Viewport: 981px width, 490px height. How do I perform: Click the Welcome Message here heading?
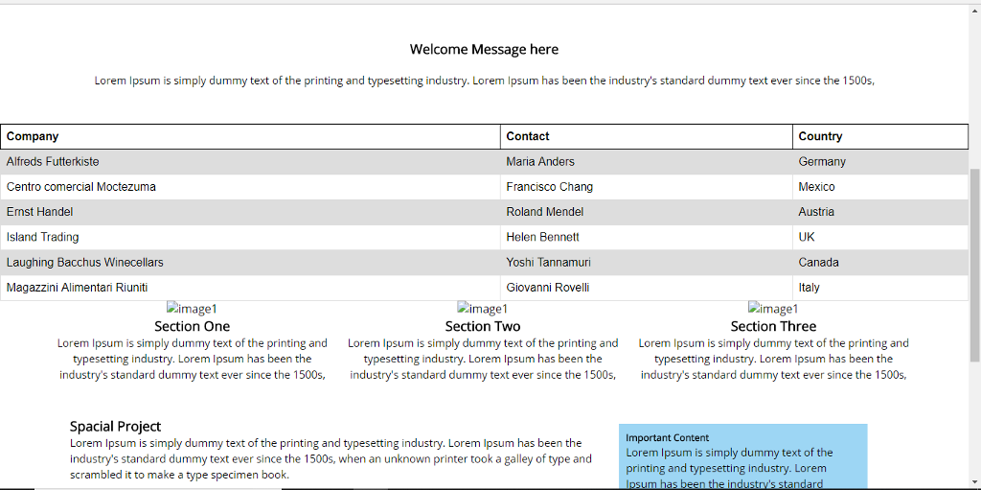coord(484,50)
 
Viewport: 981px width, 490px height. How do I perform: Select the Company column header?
coord(33,136)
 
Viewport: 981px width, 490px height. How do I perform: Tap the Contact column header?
coord(528,136)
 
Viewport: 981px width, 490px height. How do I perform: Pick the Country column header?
coord(820,136)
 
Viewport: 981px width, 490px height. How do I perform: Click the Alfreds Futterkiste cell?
coord(53,162)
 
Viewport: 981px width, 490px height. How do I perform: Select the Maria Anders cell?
coord(540,162)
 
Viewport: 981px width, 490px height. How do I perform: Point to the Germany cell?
coord(821,162)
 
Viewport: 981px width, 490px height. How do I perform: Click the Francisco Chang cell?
coord(549,187)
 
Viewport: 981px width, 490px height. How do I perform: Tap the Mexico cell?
coord(816,187)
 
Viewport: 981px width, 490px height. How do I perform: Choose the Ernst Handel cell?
coord(39,212)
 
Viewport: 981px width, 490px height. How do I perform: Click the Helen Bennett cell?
coord(542,237)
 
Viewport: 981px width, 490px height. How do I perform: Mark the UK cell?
coord(807,237)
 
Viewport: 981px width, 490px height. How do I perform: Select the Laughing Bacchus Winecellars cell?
coord(84,262)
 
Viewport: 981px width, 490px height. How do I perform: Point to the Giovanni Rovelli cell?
coord(547,288)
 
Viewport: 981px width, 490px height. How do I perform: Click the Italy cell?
coord(809,288)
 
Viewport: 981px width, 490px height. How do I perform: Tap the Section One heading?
coord(192,326)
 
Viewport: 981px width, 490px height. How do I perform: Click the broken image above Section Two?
coord(483,309)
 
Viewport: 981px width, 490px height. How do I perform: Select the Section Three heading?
coord(773,326)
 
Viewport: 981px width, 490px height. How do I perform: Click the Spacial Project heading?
coord(115,427)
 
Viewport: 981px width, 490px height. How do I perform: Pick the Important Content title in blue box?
coord(668,438)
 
